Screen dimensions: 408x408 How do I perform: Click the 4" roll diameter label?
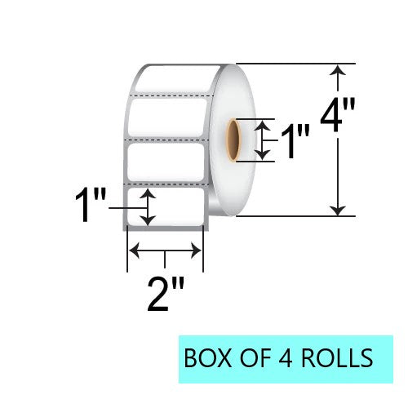[338, 116]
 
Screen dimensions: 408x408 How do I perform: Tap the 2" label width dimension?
[166, 295]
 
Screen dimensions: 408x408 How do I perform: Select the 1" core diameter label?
[295, 141]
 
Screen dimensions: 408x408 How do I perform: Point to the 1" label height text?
[90, 206]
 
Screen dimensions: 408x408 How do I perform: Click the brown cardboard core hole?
[233, 140]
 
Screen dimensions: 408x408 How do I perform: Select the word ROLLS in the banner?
[337, 358]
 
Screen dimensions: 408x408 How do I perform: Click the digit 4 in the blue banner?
[286, 358]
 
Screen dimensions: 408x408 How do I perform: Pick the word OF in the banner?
[255, 358]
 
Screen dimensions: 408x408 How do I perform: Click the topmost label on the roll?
[177, 79]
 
